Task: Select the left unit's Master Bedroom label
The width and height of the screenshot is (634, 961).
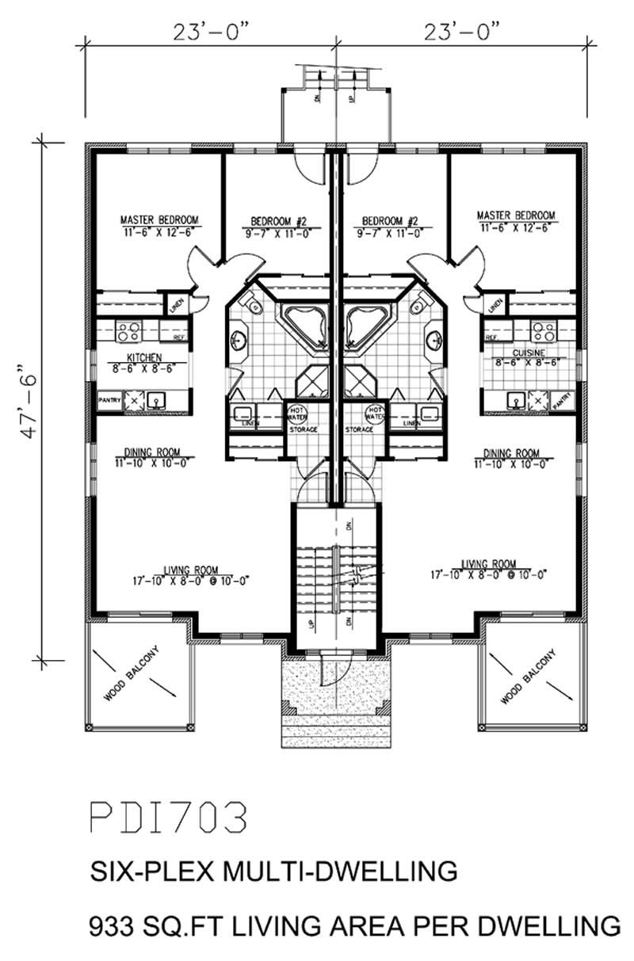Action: (x=159, y=219)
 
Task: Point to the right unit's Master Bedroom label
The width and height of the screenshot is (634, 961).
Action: (x=516, y=215)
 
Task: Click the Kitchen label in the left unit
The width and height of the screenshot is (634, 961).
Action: (x=143, y=357)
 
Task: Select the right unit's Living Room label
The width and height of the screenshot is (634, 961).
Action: (x=488, y=565)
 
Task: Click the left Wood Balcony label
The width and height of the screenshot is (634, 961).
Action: (x=132, y=676)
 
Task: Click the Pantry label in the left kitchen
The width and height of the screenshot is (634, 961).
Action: (x=108, y=401)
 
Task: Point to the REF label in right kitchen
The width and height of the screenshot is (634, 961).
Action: (x=491, y=337)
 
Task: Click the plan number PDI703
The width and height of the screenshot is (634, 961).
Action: (x=168, y=818)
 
